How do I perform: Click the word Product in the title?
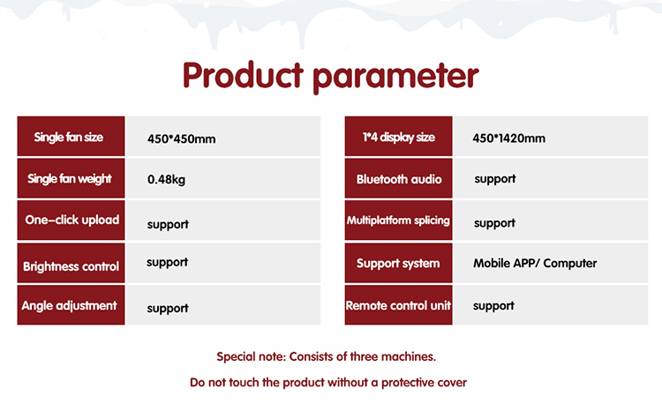pos(244,75)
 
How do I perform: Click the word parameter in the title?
pos(396,78)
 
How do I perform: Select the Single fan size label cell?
pos(71,136)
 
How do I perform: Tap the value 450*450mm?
pos(182,138)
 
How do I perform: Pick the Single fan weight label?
pos(70,179)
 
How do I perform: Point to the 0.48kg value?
pos(166,180)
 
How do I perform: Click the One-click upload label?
pos(72,220)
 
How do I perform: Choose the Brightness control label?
pos(71,266)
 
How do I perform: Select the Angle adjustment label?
pos(69,306)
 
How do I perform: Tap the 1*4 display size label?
pos(399,137)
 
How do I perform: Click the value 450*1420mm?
pos(508,138)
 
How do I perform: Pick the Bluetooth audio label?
pos(399,179)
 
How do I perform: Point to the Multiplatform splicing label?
pos(398,221)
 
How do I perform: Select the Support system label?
pos(398,264)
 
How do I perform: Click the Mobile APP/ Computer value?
pos(535,263)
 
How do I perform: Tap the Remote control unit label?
pos(398,305)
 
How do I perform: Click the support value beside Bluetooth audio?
pos(495,179)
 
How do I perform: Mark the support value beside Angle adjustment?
pos(168,309)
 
